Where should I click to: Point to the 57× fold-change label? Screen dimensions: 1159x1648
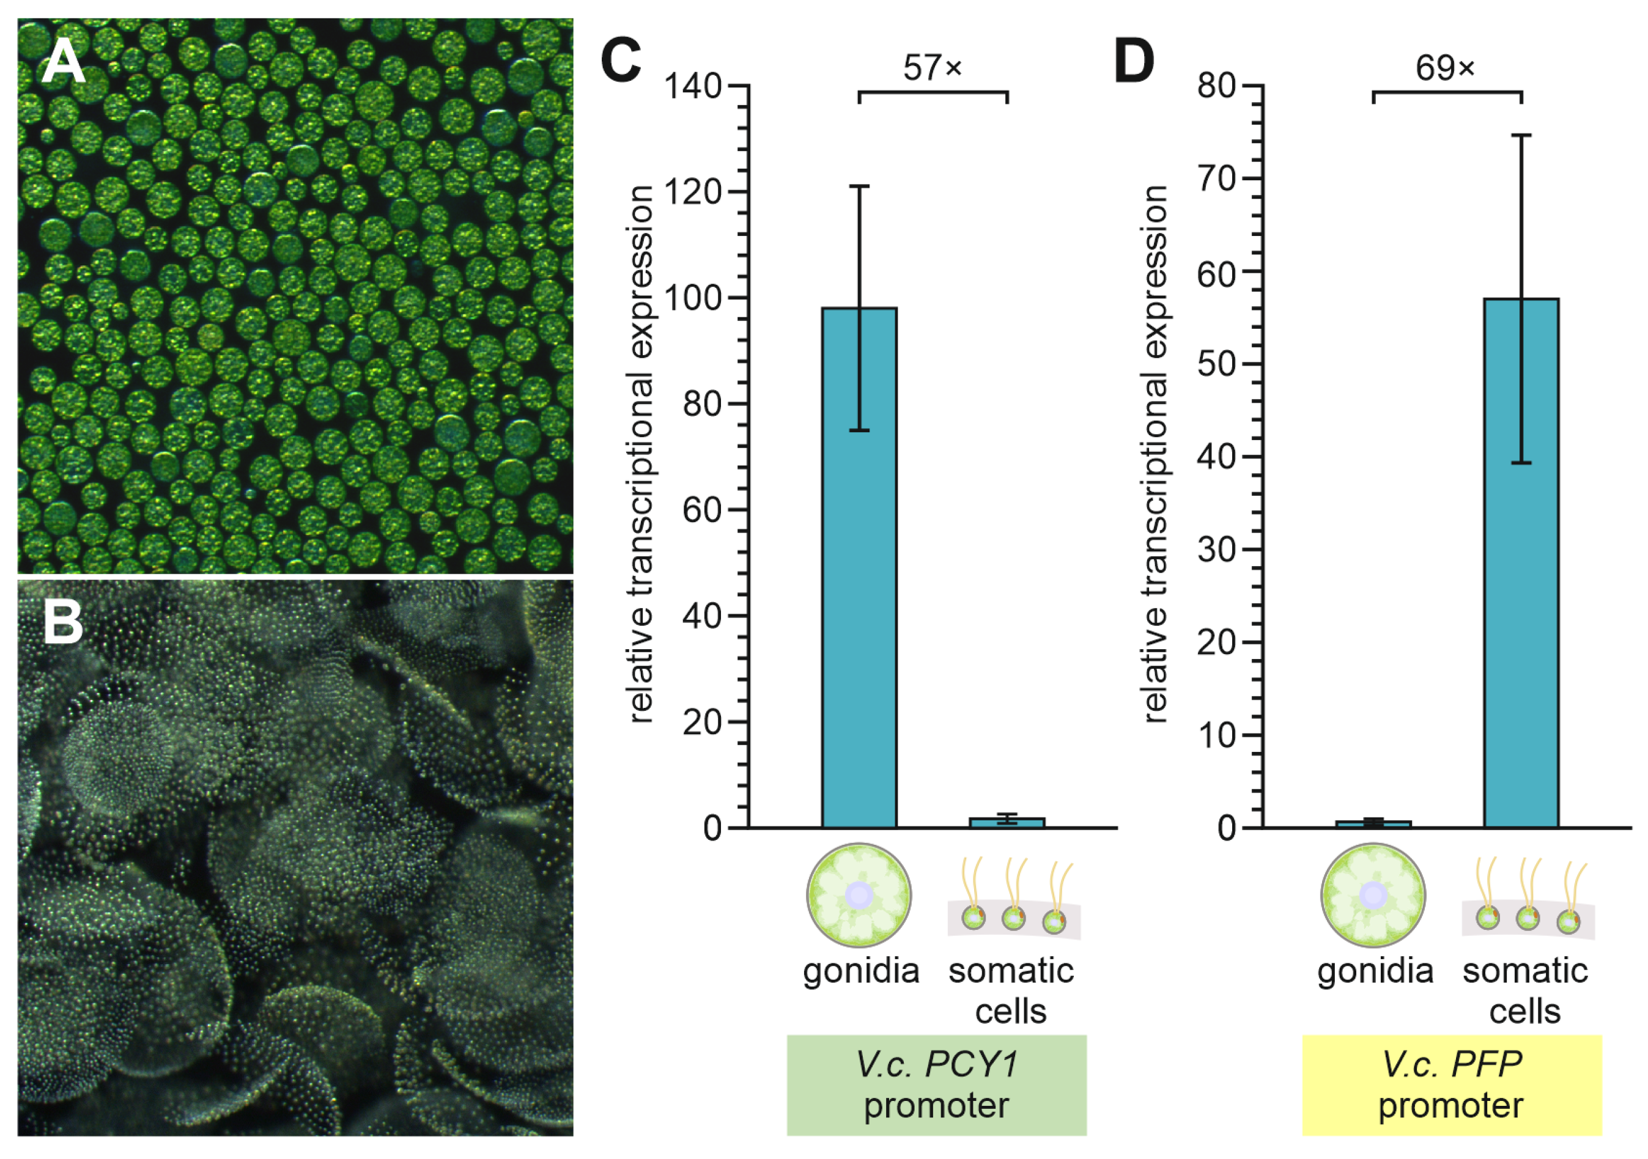[x=933, y=68]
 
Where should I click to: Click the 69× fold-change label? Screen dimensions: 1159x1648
[x=1446, y=68]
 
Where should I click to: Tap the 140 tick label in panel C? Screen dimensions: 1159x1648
[x=693, y=87]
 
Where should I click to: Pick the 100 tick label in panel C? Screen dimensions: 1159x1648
[x=693, y=298]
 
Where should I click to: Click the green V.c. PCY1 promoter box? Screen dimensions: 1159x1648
[x=936, y=1085]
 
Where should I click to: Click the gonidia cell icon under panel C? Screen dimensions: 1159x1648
[x=859, y=896]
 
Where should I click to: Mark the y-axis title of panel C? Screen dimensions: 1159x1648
[x=640, y=454]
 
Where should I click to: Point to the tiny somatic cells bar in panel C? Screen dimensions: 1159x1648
[x=1007, y=822]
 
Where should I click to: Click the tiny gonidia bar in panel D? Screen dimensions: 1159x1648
[x=1373, y=824]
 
